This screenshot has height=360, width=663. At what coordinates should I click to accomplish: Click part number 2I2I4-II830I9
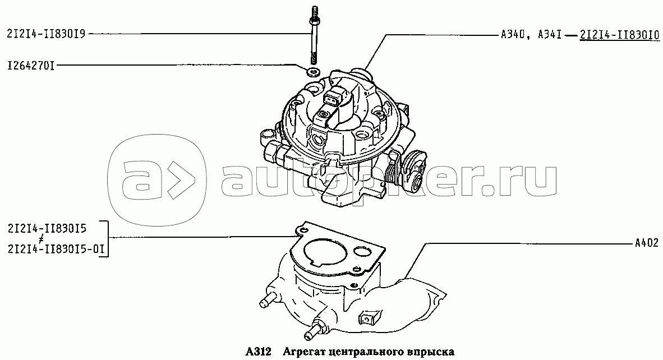tap(47, 34)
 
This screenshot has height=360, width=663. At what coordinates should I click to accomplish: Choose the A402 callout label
tap(647, 243)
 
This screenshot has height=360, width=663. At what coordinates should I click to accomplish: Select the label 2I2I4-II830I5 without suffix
tap(47, 229)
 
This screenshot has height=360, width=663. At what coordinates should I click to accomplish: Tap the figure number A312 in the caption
tap(258, 351)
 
